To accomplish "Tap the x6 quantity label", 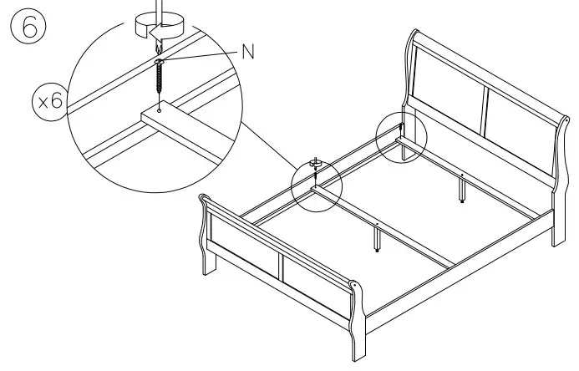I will click(48, 102).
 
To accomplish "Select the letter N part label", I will click(247, 50).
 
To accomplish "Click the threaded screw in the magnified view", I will click(159, 80).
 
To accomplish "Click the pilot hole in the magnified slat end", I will click(159, 109).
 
